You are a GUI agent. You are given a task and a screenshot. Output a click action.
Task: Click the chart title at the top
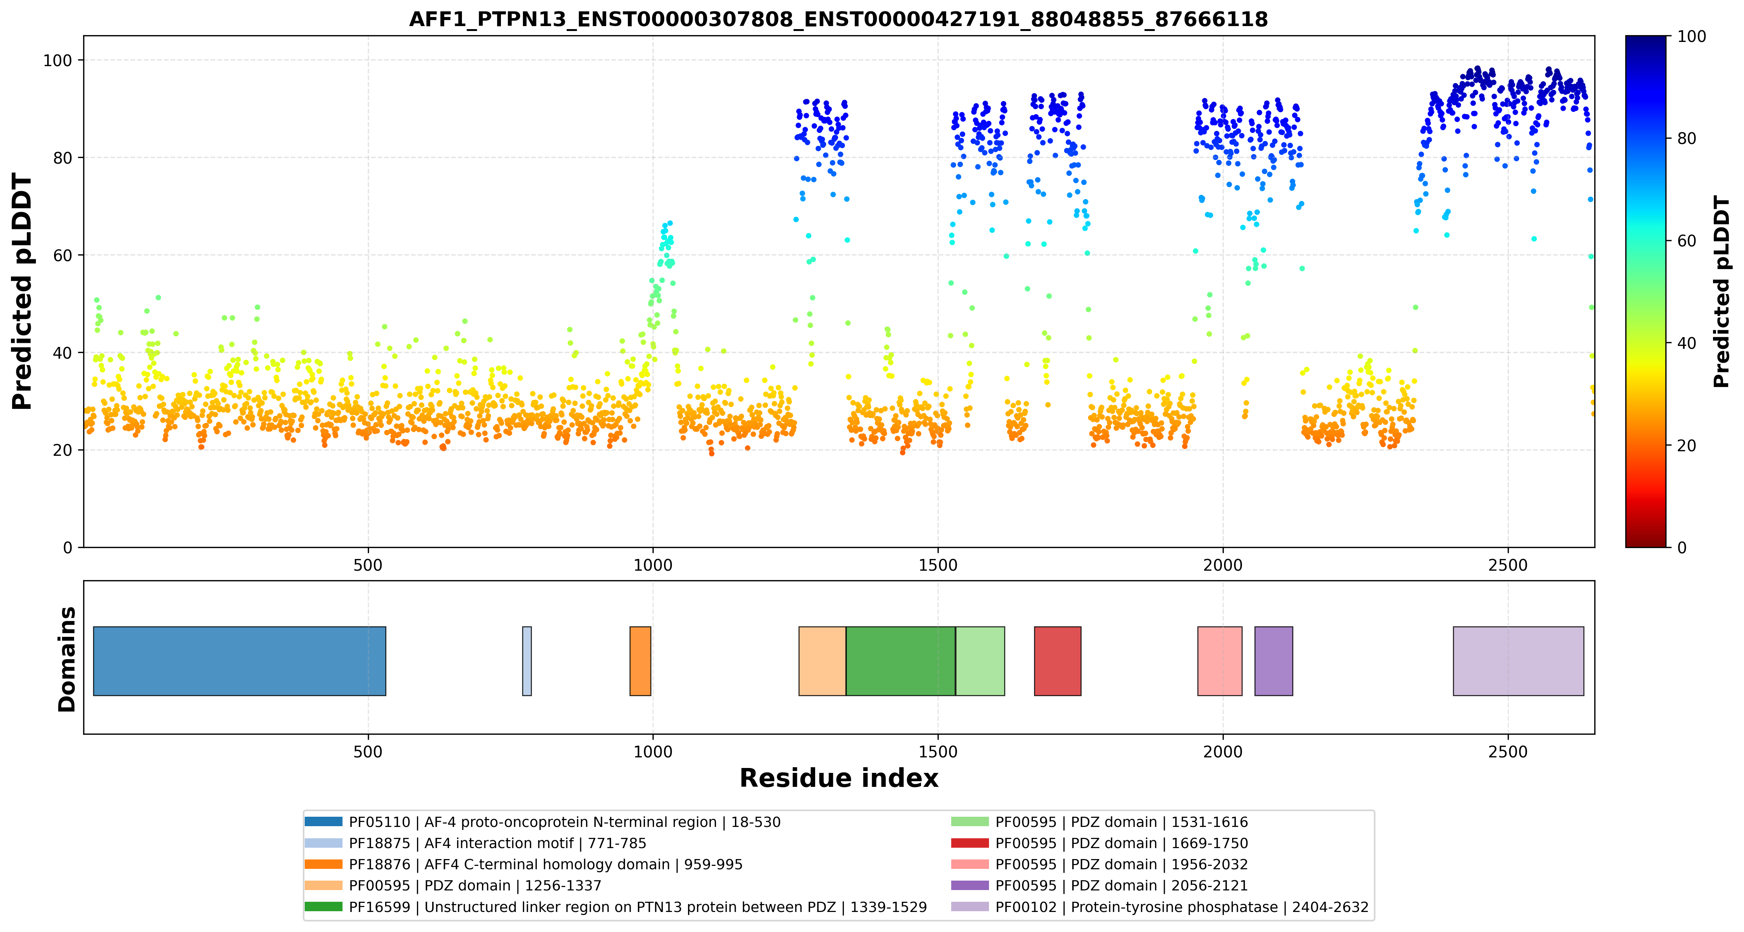coord(838,19)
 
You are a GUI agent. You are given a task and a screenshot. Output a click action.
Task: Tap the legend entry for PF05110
coord(542,822)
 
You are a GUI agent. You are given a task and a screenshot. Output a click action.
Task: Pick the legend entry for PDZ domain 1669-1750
coord(1099,843)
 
